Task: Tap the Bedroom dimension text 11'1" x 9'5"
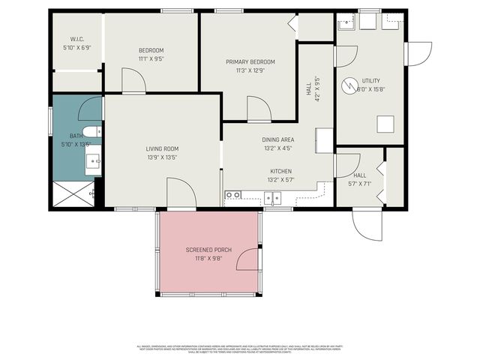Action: [x=151, y=58]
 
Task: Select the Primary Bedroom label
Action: [x=251, y=61]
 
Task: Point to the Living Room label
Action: [x=162, y=148]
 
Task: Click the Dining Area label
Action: [x=277, y=140]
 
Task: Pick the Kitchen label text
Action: [x=280, y=171]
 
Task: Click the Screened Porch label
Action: [x=208, y=249]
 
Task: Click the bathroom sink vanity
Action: [x=93, y=160]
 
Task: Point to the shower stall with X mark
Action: [x=73, y=193]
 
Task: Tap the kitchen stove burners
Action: [x=232, y=196]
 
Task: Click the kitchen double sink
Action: [x=271, y=198]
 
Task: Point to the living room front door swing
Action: [x=180, y=192]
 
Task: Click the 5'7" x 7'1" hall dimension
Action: [x=358, y=183]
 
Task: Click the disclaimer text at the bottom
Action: [x=240, y=348]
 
